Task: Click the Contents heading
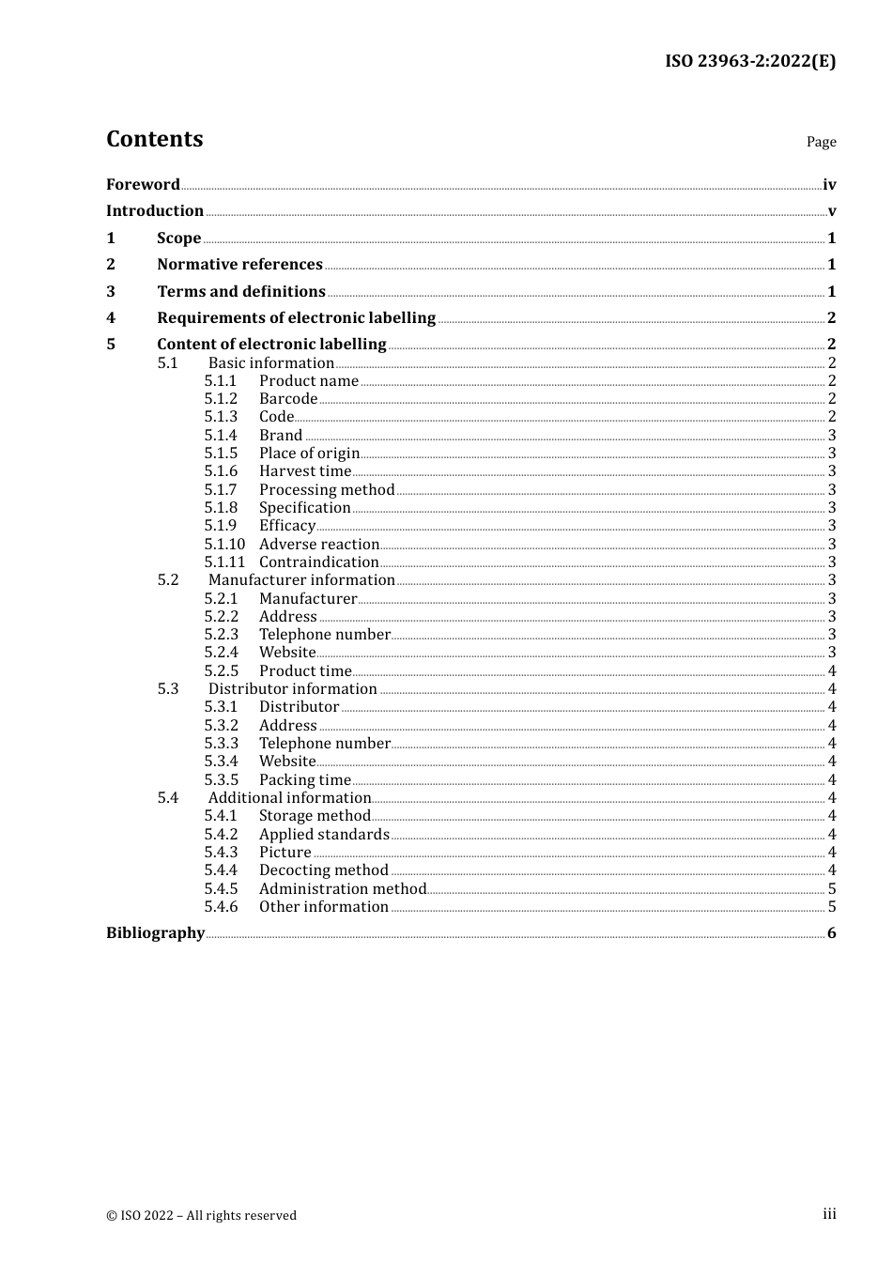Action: click(x=154, y=139)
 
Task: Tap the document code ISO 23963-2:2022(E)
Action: click(x=749, y=61)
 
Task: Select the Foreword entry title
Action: click(x=143, y=184)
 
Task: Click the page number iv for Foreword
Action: click(x=829, y=184)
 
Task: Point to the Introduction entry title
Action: click(x=155, y=210)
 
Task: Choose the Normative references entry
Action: click(x=239, y=264)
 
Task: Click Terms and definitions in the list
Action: click(x=241, y=291)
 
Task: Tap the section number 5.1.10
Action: click(x=224, y=544)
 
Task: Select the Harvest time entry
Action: click(x=305, y=471)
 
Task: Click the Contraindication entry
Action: click(x=319, y=562)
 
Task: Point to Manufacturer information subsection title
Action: click(x=301, y=579)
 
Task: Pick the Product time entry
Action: click(x=305, y=670)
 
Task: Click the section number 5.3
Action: click(x=168, y=688)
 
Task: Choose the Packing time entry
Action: click(x=305, y=779)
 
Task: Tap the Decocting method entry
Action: click(x=324, y=870)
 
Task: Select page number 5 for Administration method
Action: click(x=832, y=888)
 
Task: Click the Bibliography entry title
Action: click(x=155, y=932)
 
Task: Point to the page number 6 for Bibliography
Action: click(x=832, y=932)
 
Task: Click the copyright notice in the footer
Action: click(x=201, y=1215)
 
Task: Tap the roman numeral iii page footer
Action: click(x=829, y=1213)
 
